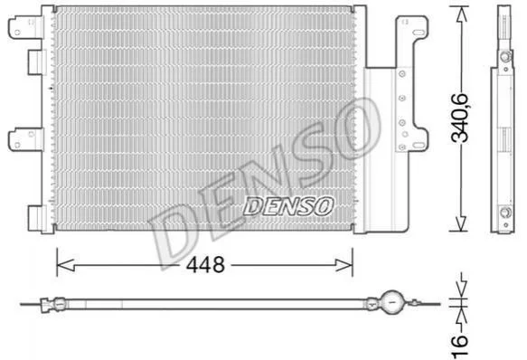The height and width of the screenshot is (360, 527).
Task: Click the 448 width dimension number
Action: pos(205,265)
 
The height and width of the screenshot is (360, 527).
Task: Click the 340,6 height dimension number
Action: pos(459,118)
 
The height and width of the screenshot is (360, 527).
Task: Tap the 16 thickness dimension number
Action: pos(459,346)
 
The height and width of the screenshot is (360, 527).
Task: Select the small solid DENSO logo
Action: pos(288,206)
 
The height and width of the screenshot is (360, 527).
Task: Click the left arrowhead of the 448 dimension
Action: pos(66,265)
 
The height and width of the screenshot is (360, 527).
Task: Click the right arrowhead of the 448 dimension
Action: pos(344,265)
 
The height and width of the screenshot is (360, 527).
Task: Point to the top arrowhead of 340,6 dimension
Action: pos(462,14)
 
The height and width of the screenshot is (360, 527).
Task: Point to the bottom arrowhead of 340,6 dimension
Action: pos(461,223)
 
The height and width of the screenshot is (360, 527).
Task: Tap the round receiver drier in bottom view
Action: pos(392,302)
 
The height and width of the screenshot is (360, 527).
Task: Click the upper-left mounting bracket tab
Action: pos(26,27)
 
